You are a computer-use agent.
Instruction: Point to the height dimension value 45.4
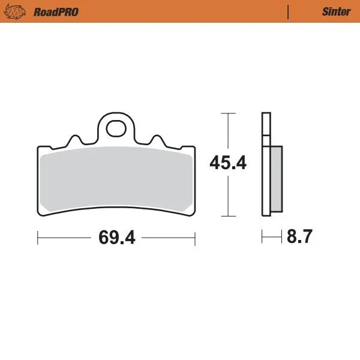pyautogui.click(x=227, y=163)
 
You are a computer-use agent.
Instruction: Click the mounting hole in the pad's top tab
pyautogui.click(x=116, y=127)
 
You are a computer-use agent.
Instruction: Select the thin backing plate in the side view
pyautogui.click(x=265, y=163)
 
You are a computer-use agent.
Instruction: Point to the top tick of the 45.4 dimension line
pyautogui.click(x=227, y=112)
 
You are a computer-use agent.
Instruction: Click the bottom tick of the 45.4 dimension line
pyautogui.click(x=227, y=215)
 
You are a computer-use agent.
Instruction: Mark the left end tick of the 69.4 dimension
pyautogui.click(x=38, y=238)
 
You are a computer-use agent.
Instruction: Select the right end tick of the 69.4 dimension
pyautogui.click(x=195, y=238)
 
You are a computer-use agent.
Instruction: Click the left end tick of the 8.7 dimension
pyautogui.click(x=262, y=238)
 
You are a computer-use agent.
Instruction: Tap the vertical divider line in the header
pyautogui.click(x=289, y=11)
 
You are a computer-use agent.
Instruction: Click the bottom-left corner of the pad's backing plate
pyautogui.click(x=40, y=214)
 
